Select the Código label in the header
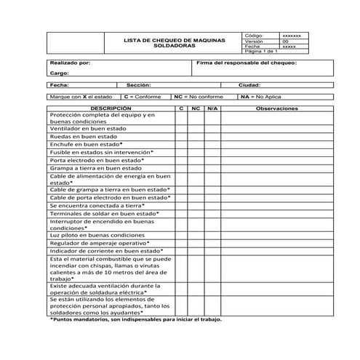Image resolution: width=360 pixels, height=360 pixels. [254, 36]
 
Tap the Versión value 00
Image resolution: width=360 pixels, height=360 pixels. [285, 41]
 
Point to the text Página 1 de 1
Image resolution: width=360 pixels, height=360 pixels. [261, 52]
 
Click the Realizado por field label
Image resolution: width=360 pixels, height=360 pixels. [70, 63]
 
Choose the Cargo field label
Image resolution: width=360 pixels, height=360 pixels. [59, 73]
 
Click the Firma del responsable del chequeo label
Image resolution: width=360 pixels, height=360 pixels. [247, 63]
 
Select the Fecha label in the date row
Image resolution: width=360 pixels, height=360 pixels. [60, 85]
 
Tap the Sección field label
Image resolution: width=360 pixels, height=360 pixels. [138, 85]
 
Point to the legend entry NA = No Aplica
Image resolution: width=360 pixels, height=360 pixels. [261, 96]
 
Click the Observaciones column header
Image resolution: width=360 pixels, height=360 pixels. [277, 108]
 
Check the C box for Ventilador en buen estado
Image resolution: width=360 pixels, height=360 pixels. [181, 128]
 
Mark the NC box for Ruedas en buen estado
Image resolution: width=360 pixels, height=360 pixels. [196, 136]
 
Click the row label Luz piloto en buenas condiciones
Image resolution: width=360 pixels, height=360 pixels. [97, 236]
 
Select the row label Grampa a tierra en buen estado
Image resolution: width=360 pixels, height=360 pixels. [90, 168]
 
